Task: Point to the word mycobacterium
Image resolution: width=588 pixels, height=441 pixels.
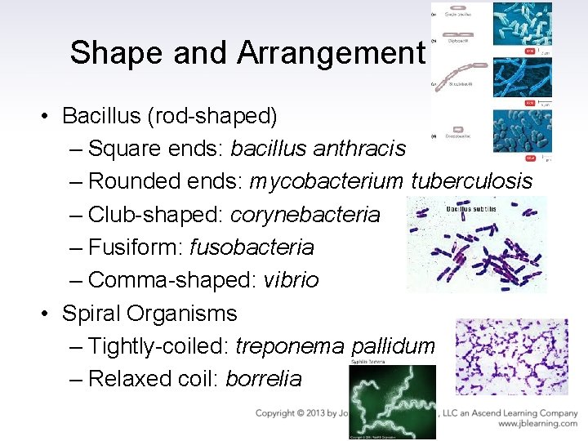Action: click(x=327, y=181)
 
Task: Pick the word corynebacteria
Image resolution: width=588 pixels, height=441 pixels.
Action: click(x=305, y=214)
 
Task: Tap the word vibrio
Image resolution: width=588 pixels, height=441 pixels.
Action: click(x=291, y=280)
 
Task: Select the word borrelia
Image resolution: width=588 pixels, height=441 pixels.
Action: click(x=263, y=379)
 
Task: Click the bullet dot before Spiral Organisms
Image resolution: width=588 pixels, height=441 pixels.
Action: click(x=49, y=314)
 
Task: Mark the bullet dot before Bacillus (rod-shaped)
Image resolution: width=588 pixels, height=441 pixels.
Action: click(x=49, y=116)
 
